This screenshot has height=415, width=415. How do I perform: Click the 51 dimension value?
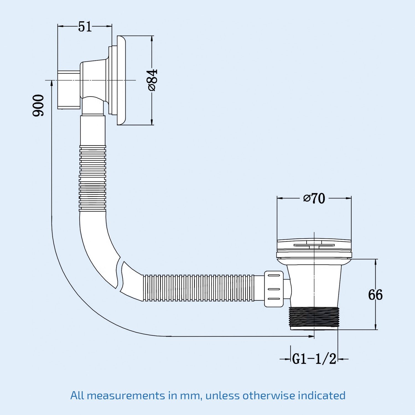pos(85,27)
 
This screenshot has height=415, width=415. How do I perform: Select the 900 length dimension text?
pos(38,105)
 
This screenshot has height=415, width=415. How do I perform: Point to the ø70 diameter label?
pos(314,198)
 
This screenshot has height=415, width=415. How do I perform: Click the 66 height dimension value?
pos(375,295)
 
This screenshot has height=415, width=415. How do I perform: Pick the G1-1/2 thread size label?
pos(314,359)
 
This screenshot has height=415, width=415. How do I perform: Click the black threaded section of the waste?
pos(314,318)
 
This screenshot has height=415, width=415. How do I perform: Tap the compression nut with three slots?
pos(274,289)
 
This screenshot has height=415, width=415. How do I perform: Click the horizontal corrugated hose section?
pos(199,288)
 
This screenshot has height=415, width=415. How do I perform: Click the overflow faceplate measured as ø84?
pos(121,80)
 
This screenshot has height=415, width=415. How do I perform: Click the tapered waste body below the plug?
pos(314,285)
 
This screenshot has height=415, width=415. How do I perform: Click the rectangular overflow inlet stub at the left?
pos(69,90)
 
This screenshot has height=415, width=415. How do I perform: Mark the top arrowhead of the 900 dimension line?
pos(52,83)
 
